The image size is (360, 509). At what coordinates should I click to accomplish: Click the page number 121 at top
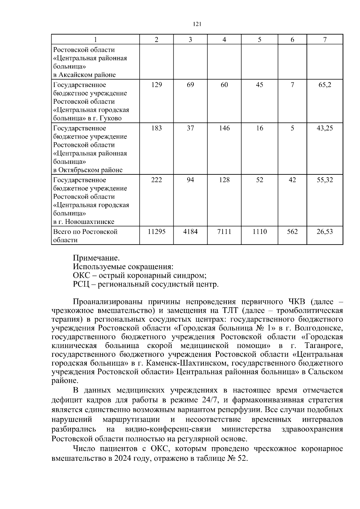196,24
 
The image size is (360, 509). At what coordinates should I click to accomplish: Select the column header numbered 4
224,40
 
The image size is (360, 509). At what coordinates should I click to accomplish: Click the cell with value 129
157,85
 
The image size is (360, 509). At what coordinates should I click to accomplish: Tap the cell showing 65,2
325,85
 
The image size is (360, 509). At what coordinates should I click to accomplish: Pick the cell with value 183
157,128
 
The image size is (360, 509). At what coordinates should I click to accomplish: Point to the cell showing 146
224,128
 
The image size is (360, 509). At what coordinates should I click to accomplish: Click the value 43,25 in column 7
325,128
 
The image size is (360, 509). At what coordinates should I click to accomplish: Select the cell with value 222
157,180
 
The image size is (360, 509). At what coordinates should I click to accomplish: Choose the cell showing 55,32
325,180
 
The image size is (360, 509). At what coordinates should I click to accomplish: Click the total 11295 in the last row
157,232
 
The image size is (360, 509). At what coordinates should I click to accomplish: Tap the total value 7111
224,232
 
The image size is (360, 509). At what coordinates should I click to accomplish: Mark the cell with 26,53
325,232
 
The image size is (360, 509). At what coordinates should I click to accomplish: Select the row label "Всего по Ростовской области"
85,236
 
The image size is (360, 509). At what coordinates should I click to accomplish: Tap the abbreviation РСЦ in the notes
81,284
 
